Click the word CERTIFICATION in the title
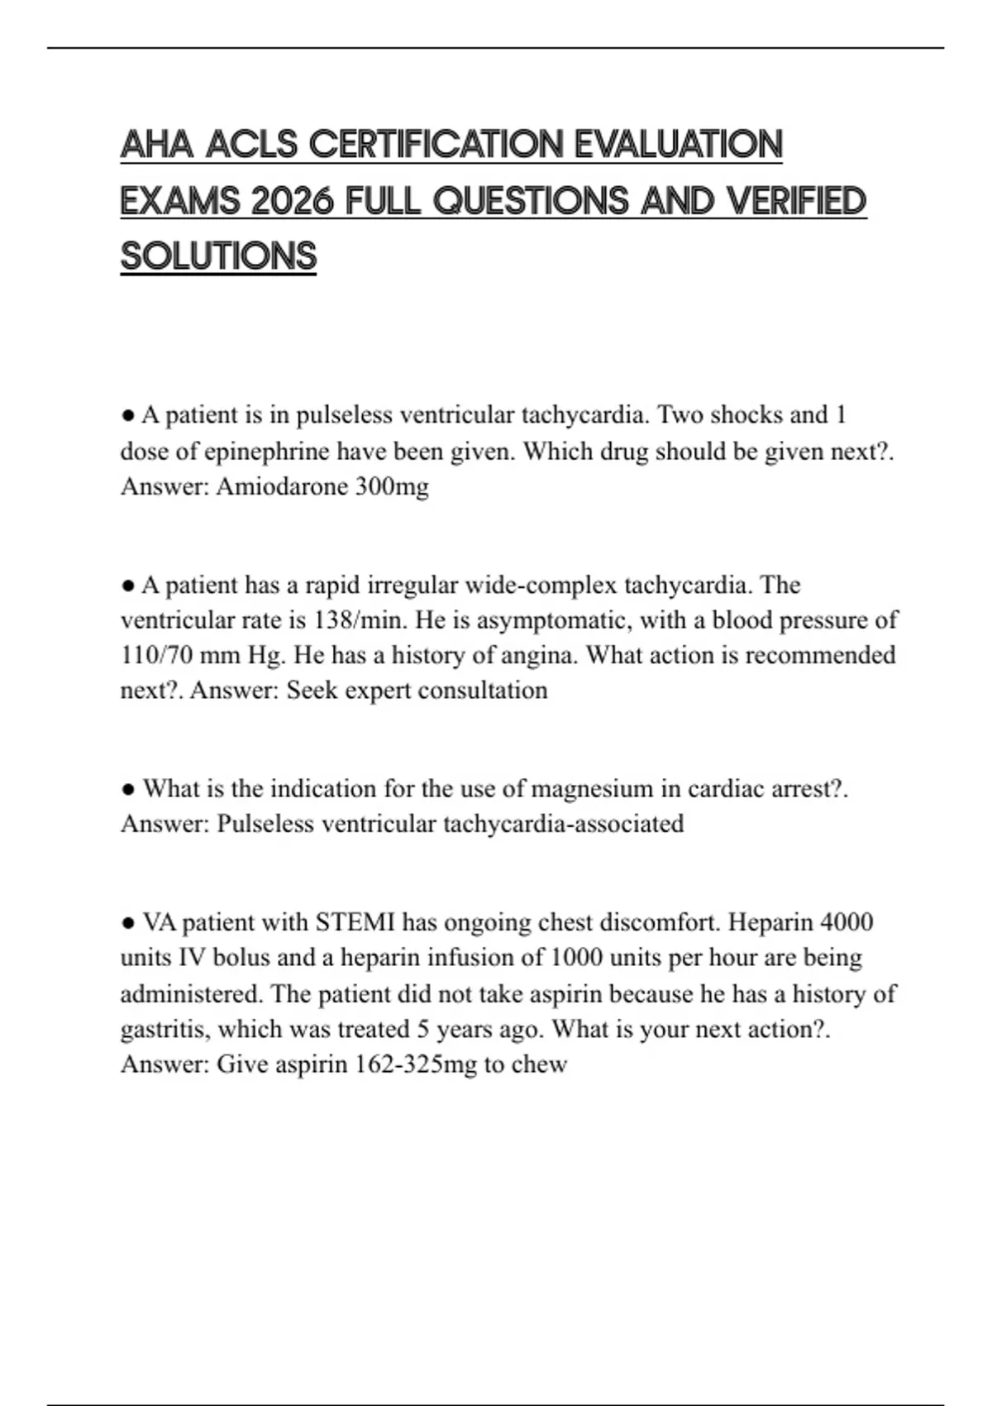[436, 145]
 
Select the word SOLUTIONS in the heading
[218, 256]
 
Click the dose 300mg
[392, 486]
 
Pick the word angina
[541, 655]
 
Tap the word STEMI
[355, 922]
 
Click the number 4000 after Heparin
[847, 922]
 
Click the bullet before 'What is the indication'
[128, 790]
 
